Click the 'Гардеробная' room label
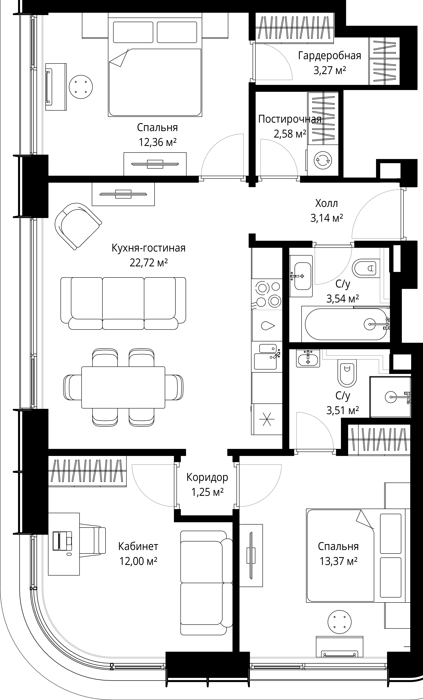[329, 56]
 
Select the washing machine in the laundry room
[323, 160]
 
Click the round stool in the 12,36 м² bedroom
[81, 87]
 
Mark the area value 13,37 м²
[339, 561]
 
